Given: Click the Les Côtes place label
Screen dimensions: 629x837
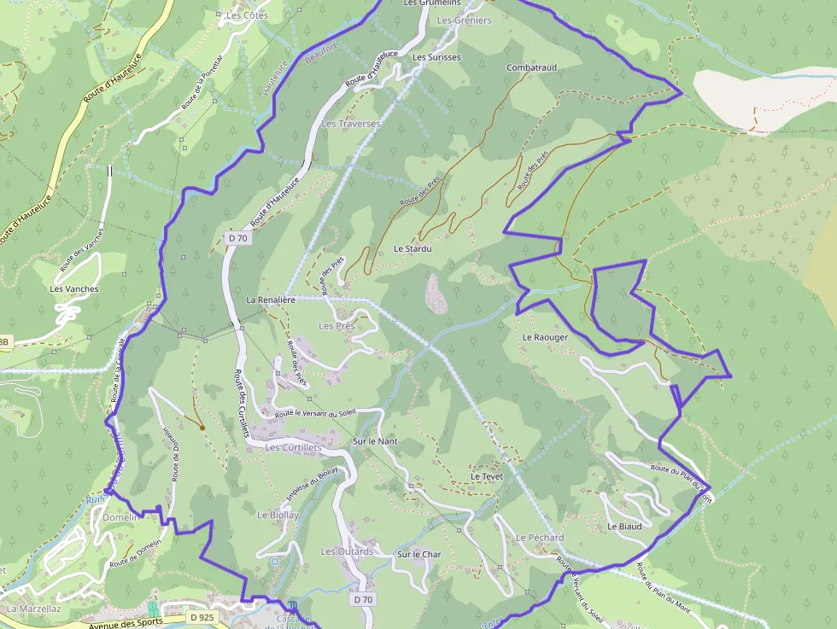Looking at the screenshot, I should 247,15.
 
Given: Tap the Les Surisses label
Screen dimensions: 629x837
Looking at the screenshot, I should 436,57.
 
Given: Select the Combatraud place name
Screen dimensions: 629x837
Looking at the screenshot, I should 531,67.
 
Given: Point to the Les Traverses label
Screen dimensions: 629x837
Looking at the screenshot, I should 350,124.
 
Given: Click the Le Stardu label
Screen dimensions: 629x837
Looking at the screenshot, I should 413,248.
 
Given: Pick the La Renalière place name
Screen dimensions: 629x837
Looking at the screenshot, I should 271,300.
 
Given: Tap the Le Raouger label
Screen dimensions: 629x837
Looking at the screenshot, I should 545,337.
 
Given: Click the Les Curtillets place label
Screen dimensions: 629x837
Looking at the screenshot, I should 293,447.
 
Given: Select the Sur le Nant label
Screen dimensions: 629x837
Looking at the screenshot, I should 375,441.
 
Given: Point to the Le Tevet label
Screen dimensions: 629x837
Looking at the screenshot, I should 487,476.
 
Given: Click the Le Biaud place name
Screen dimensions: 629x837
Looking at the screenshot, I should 624,527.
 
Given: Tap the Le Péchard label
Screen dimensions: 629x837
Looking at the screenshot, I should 540,538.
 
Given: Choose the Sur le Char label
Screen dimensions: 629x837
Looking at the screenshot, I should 418,555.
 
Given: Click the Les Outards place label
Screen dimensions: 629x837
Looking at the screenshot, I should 347,551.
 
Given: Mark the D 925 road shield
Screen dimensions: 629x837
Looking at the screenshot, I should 203,617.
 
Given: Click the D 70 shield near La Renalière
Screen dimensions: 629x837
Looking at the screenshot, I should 238,239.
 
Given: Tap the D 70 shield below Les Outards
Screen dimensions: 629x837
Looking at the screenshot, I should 363,599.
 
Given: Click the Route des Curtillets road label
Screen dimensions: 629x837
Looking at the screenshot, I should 242,402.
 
